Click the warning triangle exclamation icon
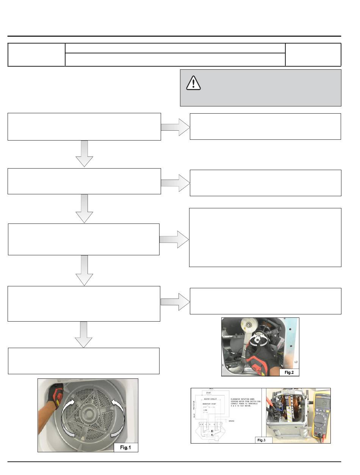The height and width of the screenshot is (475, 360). [x=193, y=83]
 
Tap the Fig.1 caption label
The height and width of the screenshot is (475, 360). [x=126, y=447]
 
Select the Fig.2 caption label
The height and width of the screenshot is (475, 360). [x=289, y=372]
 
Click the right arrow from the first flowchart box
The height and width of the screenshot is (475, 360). [x=175, y=127]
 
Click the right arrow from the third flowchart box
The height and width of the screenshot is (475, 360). [x=174, y=239]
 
